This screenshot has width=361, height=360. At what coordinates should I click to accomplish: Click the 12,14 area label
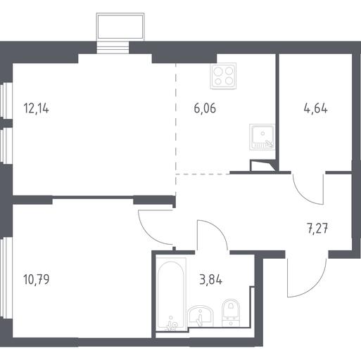[x=36, y=109]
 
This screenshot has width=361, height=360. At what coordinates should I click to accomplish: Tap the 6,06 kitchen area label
[x=205, y=108]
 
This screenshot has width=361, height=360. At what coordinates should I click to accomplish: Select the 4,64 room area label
[x=315, y=108]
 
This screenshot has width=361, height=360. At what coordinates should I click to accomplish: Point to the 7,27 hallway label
[x=317, y=229]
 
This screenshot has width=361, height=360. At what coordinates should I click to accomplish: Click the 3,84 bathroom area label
[x=210, y=280]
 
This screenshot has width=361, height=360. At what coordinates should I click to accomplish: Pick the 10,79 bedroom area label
[x=37, y=280]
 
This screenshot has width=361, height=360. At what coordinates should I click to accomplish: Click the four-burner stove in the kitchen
[x=223, y=76]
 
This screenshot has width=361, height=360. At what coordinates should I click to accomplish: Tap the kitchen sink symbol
[x=262, y=137]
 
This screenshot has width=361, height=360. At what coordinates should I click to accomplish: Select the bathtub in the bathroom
[x=171, y=295]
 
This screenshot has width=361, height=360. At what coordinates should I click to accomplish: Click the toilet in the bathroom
[x=231, y=313]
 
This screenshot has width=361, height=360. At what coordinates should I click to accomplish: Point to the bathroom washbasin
[x=201, y=316]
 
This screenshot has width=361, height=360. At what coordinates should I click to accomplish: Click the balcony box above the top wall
[x=120, y=27]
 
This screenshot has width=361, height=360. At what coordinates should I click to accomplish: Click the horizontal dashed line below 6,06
[x=203, y=174]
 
